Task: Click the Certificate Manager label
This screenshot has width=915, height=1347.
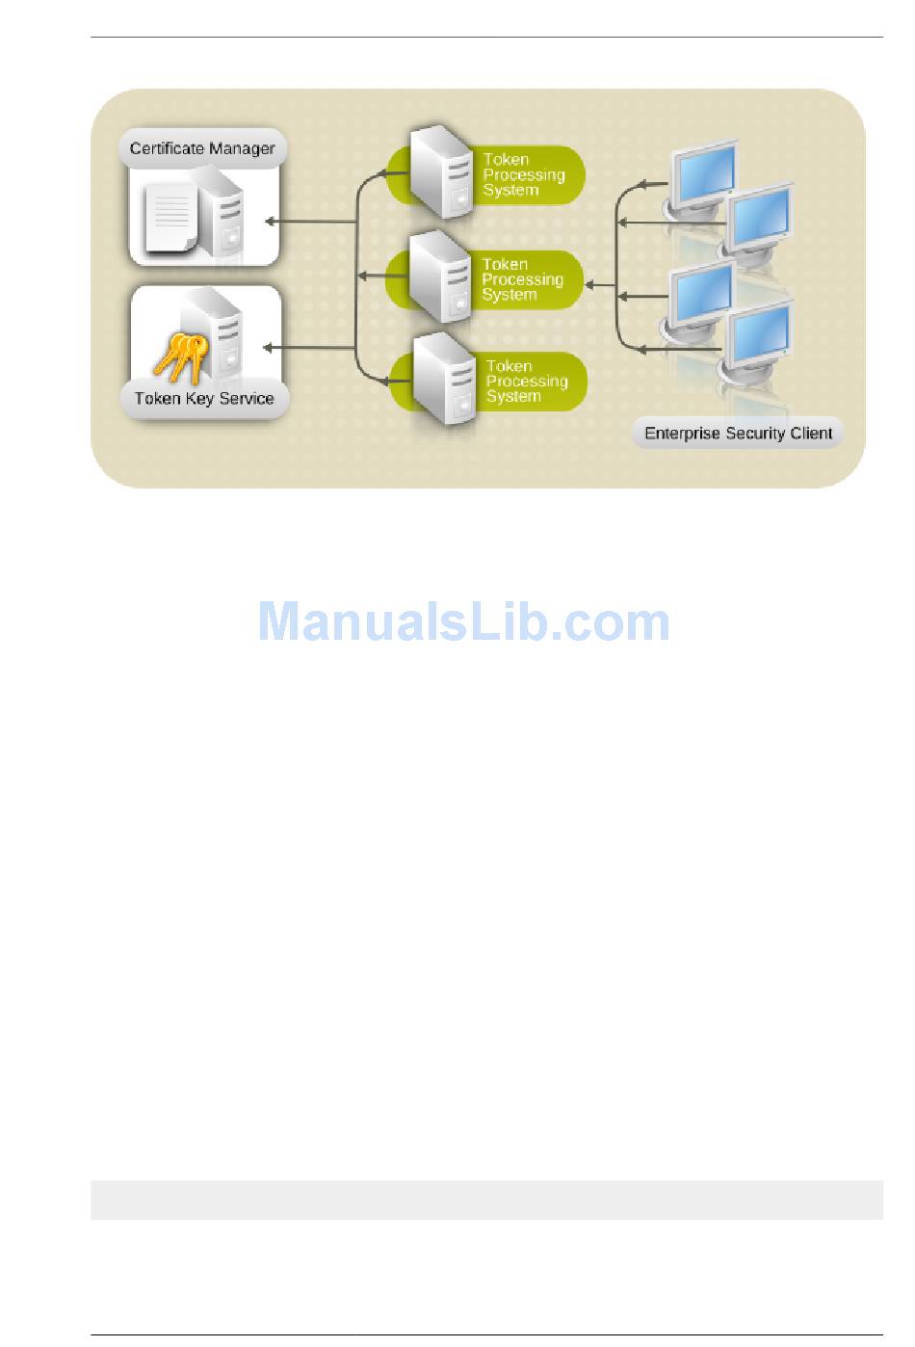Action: point(202,148)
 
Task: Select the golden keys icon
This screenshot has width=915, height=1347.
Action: point(181,357)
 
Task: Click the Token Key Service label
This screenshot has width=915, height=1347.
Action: point(204,398)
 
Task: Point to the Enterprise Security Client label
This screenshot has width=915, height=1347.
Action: point(738,433)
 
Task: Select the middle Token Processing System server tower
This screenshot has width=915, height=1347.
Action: point(441,277)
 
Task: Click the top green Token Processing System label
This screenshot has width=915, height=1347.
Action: point(525,174)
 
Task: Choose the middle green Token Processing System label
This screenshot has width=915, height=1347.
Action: point(524,279)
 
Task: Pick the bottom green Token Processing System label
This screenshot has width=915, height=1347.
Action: point(528,382)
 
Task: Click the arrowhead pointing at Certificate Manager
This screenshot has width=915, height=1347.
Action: point(271,223)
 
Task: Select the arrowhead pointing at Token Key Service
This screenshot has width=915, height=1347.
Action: point(270,347)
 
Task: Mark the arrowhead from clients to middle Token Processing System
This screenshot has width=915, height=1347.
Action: point(590,284)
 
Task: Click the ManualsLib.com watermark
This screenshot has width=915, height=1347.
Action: point(463,621)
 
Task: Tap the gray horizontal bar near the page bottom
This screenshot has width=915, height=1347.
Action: point(486,1200)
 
